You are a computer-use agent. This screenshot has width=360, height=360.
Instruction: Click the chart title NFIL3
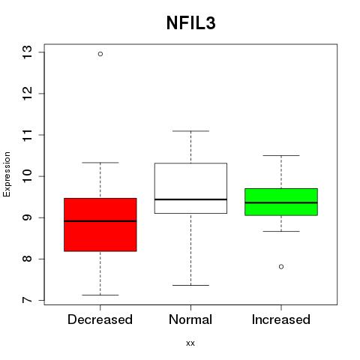(x=190, y=23)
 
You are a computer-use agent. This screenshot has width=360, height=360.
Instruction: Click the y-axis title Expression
(x=7, y=174)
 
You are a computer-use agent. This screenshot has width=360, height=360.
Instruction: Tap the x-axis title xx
(x=190, y=343)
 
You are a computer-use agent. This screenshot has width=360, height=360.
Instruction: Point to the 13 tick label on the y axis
(x=27, y=52)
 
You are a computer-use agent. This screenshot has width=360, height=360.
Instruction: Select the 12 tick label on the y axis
(x=27, y=94)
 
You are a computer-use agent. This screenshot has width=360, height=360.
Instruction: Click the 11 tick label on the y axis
(x=27, y=135)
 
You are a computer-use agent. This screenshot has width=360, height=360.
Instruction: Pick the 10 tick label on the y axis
(x=27, y=176)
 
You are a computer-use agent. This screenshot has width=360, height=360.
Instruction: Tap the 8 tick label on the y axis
(x=27, y=259)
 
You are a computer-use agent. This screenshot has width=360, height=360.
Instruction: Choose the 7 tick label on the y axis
(x=27, y=300)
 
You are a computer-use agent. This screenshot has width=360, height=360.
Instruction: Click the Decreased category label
(x=100, y=319)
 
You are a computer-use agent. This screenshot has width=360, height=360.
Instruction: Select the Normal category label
(x=190, y=319)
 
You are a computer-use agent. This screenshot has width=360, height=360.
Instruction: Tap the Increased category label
(x=281, y=319)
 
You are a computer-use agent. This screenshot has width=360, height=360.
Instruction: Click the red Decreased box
(x=100, y=224)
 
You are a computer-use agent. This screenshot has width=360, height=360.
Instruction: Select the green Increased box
(x=281, y=202)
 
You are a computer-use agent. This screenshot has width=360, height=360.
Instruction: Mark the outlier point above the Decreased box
(x=100, y=54)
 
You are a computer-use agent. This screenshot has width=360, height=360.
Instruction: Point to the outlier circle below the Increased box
(x=281, y=267)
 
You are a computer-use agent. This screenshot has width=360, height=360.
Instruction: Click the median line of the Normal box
(x=190, y=199)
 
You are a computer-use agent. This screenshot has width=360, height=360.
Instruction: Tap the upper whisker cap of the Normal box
(x=190, y=130)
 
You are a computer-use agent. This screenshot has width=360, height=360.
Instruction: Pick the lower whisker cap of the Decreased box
(x=100, y=295)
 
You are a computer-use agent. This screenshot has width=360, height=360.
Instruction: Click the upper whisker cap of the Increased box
(x=281, y=155)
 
